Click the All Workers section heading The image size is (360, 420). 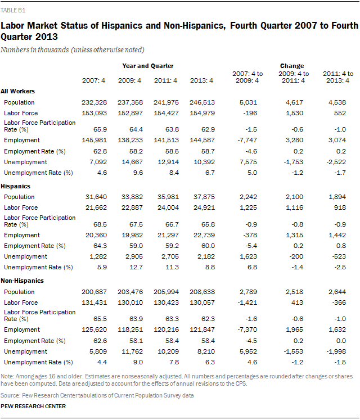17,91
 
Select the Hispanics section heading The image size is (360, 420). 16,186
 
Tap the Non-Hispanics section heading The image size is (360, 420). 22,280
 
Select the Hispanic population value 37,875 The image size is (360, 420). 201,197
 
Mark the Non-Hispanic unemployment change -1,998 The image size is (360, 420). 342,351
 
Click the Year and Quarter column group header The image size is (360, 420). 148,66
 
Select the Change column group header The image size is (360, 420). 291,66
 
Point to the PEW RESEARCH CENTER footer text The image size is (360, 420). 34,405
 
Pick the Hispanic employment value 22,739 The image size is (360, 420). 201,235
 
